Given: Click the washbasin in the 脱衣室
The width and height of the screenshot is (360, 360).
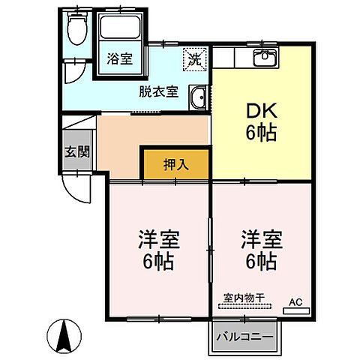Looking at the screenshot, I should [x=199, y=97].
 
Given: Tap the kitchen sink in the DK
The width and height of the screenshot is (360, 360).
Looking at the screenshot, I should [x=264, y=58].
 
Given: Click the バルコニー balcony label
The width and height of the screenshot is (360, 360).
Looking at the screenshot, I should [x=244, y=336].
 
